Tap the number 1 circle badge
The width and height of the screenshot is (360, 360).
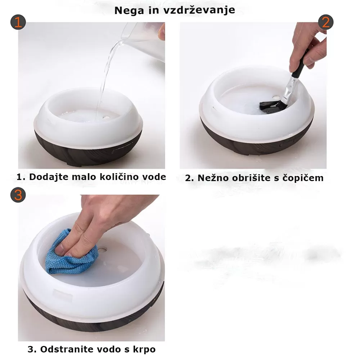coord(18,22)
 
